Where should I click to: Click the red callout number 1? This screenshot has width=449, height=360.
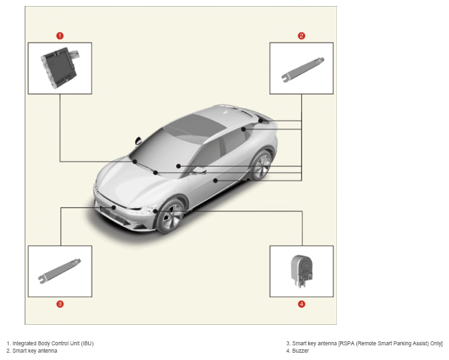click(x=60, y=36)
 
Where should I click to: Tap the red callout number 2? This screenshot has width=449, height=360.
click(x=302, y=36)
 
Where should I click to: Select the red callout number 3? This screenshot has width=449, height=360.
click(x=60, y=304)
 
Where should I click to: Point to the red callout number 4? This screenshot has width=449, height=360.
click(x=302, y=304)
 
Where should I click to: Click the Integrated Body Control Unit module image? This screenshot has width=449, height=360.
click(x=60, y=68)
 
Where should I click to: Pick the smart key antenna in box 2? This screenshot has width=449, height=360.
click(x=303, y=70)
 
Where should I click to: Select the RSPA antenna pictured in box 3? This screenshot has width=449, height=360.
click(x=59, y=271)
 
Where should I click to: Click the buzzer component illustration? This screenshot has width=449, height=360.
click(x=302, y=271)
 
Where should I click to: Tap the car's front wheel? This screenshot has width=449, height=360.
click(x=169, y=215)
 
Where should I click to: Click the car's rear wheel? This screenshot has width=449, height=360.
click(x=261, y=165)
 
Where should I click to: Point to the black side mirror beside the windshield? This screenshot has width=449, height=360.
click(x=138, y=141)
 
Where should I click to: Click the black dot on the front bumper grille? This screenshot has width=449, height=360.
click(x=113, y=207)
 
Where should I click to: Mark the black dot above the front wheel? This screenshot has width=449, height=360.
click(x=155, y=211)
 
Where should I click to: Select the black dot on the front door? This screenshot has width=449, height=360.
click(x=215, y=181)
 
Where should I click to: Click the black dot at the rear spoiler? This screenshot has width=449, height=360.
click(x=261, y=121)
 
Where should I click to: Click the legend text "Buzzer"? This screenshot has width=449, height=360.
click(x=300, y=351)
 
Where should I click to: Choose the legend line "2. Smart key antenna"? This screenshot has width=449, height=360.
click(x=32, y=351)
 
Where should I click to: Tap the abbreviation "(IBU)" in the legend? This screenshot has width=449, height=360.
click(x=87, y=343)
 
